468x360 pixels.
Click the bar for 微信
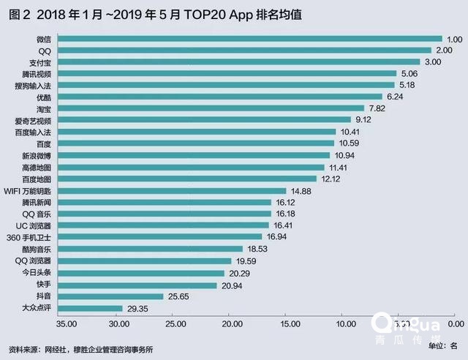249,39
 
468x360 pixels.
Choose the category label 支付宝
38,62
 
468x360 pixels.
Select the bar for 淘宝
220,108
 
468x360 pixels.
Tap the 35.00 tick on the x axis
67,323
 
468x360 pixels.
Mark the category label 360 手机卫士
31,237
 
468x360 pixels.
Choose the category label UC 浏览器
33,225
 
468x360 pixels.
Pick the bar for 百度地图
186,179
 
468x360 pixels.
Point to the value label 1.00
456,39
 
